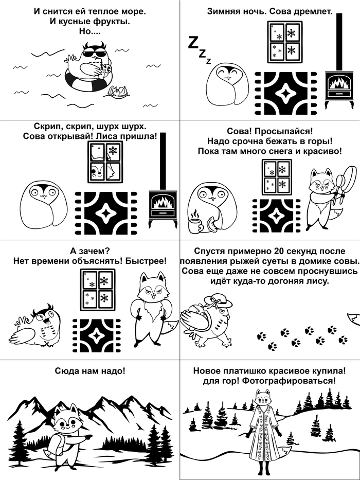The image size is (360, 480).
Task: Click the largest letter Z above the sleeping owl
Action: (x=192, y=43)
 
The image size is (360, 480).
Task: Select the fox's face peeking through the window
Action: (x=99, y=171)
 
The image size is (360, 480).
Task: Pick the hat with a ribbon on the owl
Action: (x=218, y=301)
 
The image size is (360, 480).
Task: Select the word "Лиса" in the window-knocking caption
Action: (x=105, y=136)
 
